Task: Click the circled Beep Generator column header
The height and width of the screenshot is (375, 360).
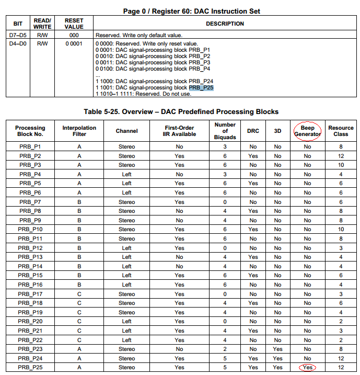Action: (x=307, y=131)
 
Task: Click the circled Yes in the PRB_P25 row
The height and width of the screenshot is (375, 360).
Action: (x=307, y=367)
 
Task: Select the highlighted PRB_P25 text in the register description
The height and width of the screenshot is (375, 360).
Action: (x=201, y=88)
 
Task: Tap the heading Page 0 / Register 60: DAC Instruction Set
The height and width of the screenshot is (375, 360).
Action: (x=191, y=11)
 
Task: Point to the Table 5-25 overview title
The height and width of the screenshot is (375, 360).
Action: (x=181, y=111)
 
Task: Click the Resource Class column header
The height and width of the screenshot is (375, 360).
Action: (x=341, y=131)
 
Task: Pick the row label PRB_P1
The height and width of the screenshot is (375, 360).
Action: (x=30, y=147)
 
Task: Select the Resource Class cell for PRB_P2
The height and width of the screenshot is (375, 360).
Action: (x=341, y=156)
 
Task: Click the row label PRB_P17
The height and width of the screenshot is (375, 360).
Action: (x=30, y=294)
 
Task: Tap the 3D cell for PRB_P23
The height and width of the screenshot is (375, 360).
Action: (x=277, y=349)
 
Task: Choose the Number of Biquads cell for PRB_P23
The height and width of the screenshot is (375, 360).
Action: (x=225, y=349)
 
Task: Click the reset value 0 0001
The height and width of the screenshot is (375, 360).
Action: (x=74, y=43)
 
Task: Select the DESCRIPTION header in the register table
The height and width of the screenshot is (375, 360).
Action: (x=225, y=24)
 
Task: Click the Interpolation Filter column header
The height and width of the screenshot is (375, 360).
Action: (x=79, y=131)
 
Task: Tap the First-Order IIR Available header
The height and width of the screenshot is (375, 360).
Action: (x=179, y=131)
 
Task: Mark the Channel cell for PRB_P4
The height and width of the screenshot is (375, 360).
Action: (x=126, y=174)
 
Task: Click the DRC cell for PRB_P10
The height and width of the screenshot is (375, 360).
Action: (x=253, y=230)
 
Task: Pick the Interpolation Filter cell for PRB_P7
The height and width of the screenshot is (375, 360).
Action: (x=79, y=202)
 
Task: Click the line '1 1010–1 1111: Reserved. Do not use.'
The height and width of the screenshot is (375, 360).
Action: (x=143, y=94)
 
